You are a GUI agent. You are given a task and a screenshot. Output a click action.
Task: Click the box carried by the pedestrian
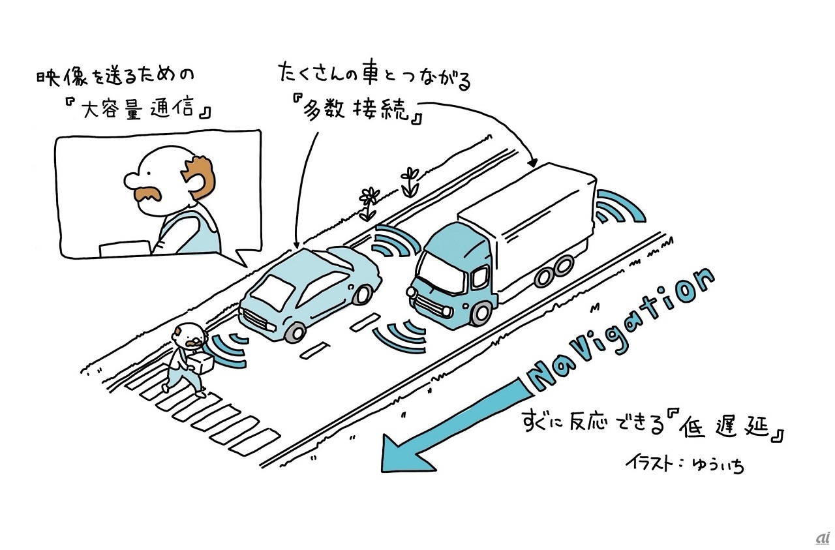click(204, 363)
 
